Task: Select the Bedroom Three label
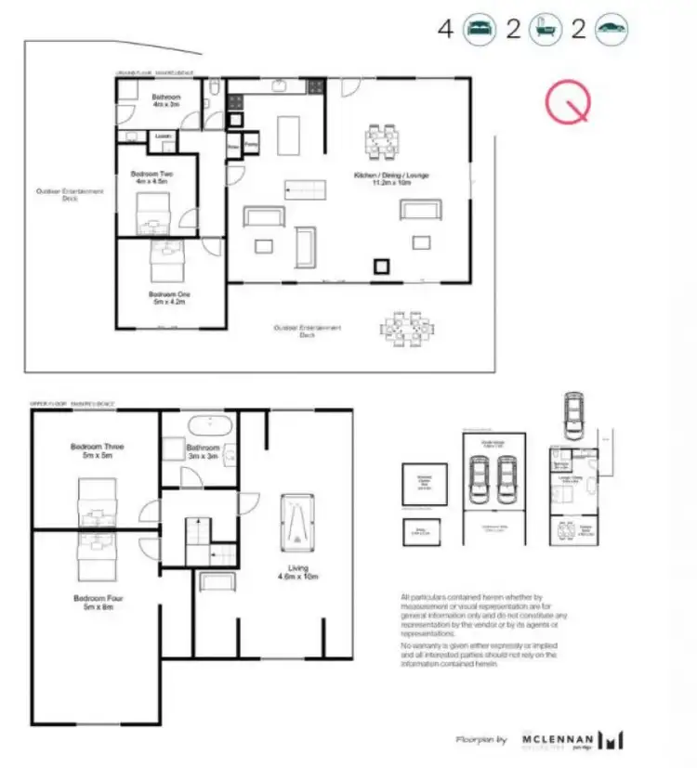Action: (97, 451)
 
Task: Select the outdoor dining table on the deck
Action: (406, 327)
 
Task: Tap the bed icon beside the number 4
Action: (480, 29)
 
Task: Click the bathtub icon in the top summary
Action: (545, 29)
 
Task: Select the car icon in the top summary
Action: (610, 29)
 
